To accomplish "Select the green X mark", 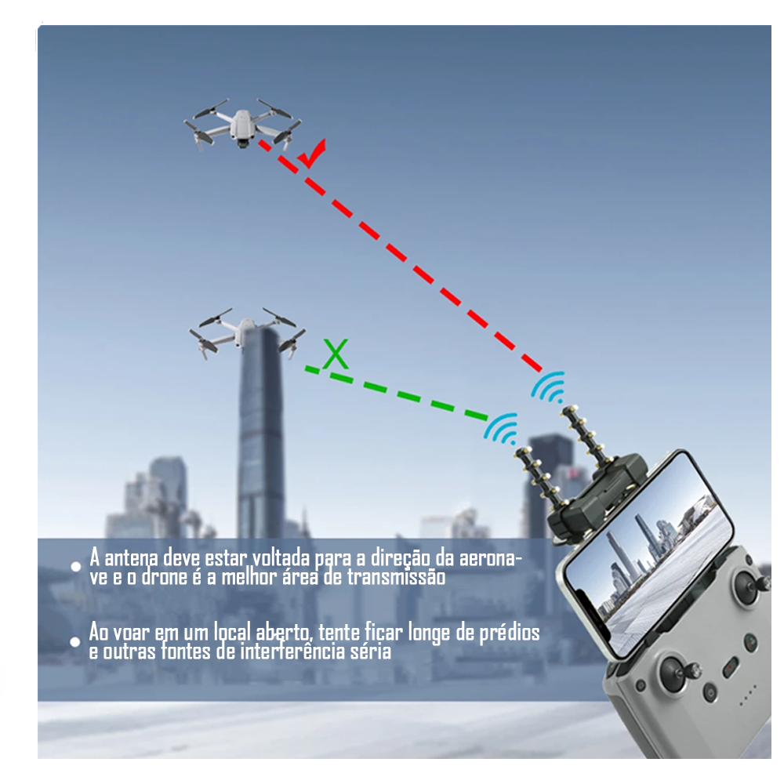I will point(336,354).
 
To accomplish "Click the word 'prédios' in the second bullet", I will point(509,632).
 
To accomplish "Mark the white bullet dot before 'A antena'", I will point(76,566).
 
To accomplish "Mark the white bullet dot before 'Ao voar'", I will point(76,641).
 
